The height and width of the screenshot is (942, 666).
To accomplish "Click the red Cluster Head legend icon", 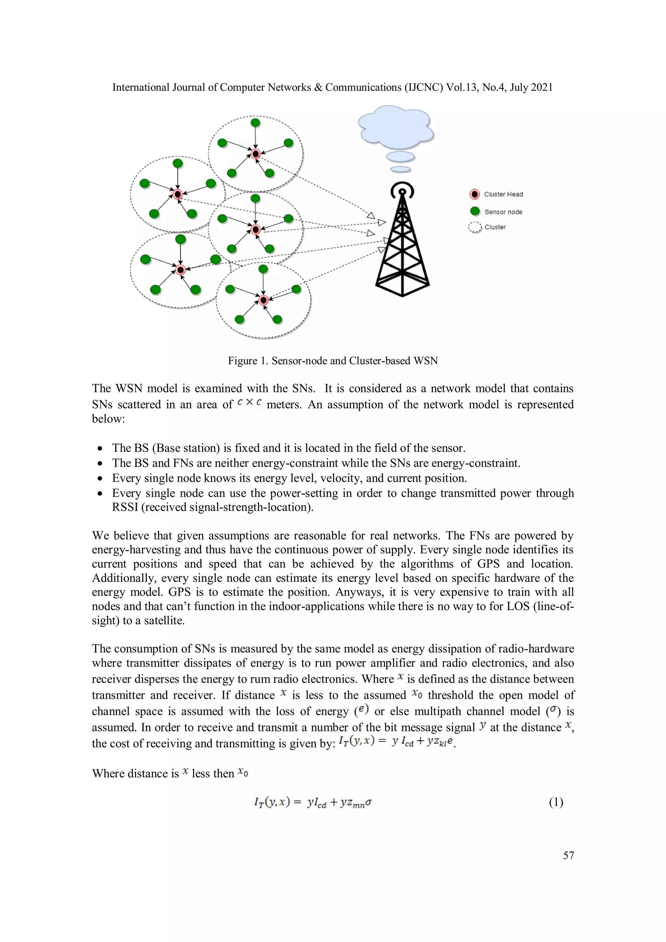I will tap(474, 194).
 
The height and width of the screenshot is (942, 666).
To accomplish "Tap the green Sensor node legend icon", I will tap(475, 211).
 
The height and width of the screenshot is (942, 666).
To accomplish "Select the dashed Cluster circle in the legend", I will tap(475, 227).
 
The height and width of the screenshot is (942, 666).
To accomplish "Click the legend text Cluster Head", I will tap(503, 194).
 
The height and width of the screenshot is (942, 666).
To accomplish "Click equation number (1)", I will tap(556, 802).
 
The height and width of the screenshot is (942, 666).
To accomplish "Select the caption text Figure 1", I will tap(248, 361).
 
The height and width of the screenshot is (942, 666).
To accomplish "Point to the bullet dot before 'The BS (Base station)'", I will tap(100, 448).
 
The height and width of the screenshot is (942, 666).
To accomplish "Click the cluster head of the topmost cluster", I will tap(256, 154).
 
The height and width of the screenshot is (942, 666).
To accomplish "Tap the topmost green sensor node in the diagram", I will tap(255, 122).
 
